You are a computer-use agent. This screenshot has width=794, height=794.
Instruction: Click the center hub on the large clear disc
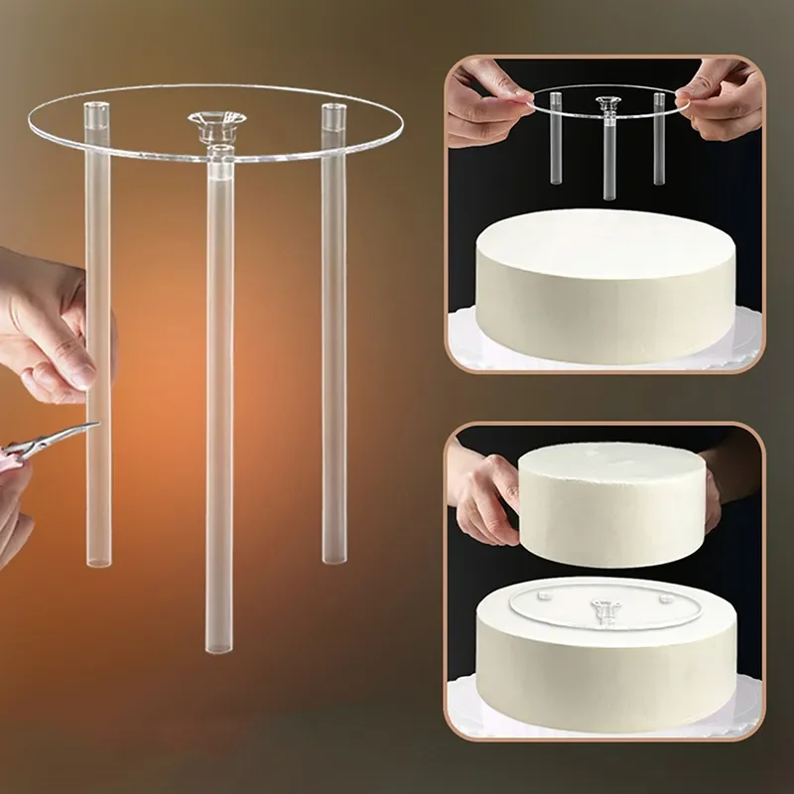217,125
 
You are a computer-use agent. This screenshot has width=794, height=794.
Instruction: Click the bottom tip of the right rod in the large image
334,557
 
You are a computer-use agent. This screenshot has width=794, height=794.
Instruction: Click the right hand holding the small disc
721,99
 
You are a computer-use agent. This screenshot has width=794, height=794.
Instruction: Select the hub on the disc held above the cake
606,103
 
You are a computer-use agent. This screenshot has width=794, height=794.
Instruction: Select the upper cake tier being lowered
615,501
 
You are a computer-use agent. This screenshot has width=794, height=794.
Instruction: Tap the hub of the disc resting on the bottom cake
604,607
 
